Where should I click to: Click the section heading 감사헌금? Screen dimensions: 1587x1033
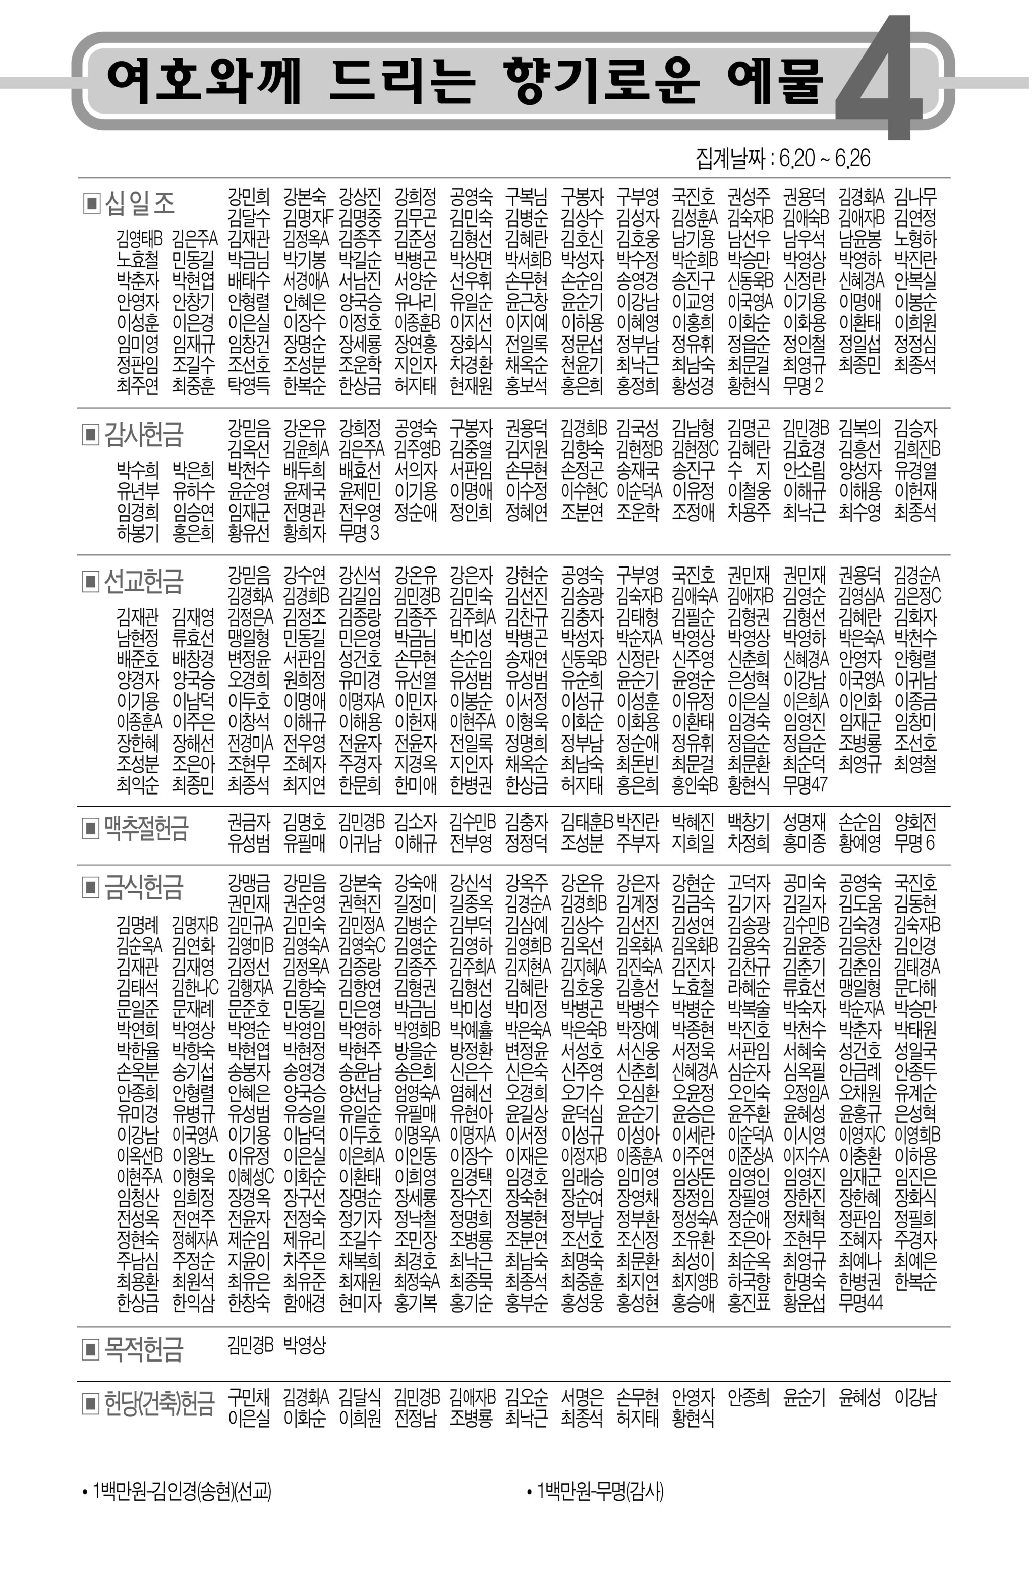pos(143,435)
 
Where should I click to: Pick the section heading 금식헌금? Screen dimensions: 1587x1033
pos(143,887)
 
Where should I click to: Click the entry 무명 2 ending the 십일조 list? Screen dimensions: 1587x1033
pos(804,385)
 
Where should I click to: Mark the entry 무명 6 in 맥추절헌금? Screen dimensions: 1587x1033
pos(915,843)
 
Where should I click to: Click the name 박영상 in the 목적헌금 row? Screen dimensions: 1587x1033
pos(305,1345)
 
